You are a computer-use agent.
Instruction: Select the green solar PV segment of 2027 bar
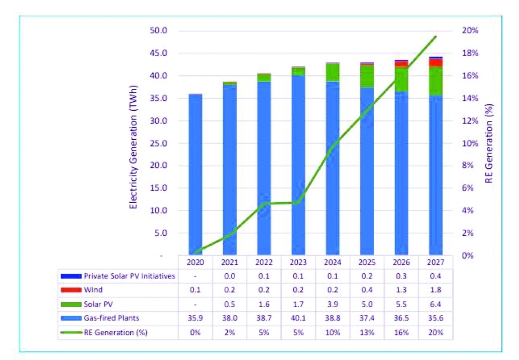click(x=435, y=81)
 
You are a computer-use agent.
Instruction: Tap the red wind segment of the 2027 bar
click(x=435, y=63)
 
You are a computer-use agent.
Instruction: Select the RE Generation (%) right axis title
click(x=489, y=143)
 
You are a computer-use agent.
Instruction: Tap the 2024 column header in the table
click(x=333, y=263)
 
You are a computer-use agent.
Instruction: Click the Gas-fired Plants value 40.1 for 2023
click(x=298, y=318)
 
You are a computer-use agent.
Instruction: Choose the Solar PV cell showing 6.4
click(x=435, y=304)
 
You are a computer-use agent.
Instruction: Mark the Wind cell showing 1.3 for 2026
click(x=401, y=290)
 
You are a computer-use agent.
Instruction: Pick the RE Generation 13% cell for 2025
click(x=367, y=332)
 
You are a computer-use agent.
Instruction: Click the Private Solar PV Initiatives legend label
click(x=129, y=276)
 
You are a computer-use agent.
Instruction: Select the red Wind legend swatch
click(x=71, y=290)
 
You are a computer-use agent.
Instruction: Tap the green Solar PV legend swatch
click(x=71, y=304)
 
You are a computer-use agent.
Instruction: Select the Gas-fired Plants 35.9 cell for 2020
click(x=195, y=318)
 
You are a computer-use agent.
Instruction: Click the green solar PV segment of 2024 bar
click(x=333, y=72)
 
